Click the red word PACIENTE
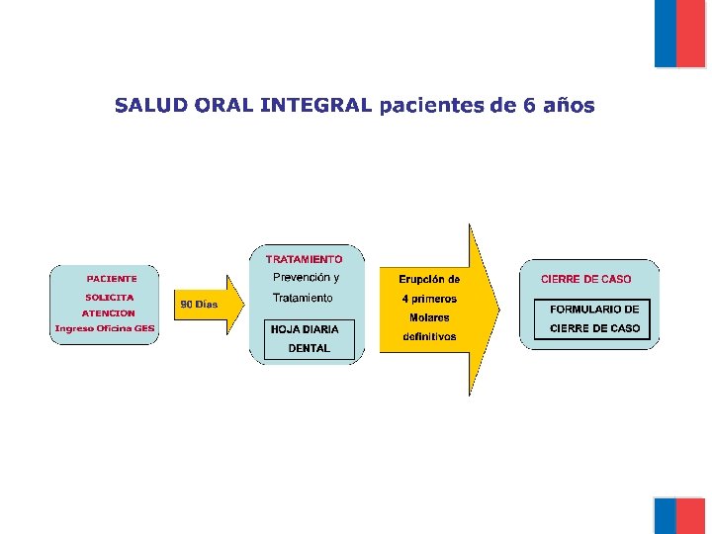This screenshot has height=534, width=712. (111, 279)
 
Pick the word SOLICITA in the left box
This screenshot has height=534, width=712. (109, 297)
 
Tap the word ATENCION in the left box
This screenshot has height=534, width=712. (109, 312)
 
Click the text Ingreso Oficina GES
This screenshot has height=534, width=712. (105, 328)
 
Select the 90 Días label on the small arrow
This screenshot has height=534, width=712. (199, 305)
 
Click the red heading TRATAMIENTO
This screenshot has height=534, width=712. (305, 259)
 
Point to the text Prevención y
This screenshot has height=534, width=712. (306, 277)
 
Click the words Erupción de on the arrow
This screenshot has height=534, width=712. (429, 279)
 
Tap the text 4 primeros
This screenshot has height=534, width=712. (429, 299)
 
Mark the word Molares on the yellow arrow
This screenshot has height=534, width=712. (429, 317)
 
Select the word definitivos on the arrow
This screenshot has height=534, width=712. (429, 336)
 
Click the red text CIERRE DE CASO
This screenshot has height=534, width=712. (585, 279)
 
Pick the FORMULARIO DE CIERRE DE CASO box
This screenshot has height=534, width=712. (593, 318)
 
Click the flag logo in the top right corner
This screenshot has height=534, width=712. (679, 34)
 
